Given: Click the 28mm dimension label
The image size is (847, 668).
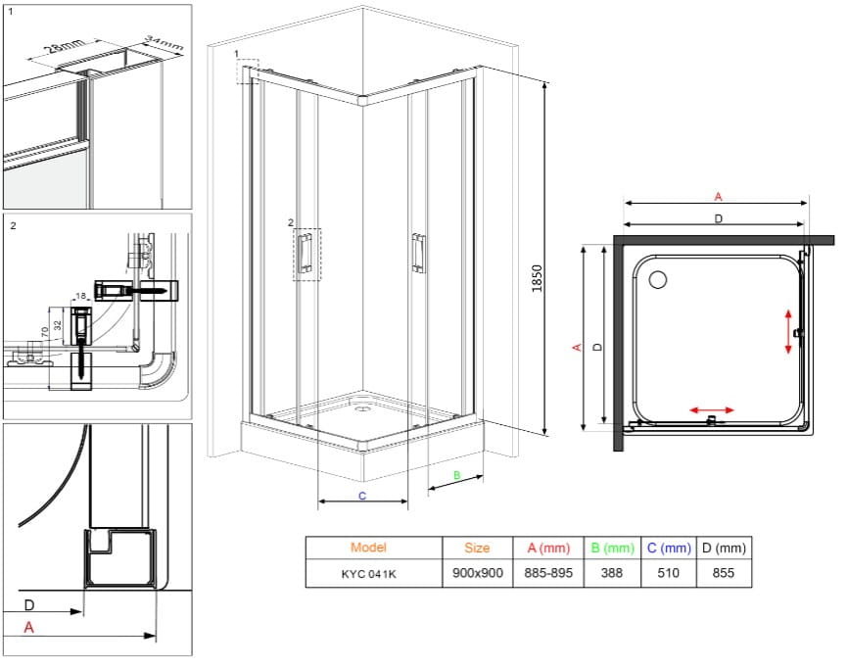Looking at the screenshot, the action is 64,46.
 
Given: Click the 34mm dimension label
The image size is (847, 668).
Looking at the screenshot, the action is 165,43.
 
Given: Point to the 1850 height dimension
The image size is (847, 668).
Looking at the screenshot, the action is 537,278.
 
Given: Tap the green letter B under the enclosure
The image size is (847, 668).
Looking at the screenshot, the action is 457,475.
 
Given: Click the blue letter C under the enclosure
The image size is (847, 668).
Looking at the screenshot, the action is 362,496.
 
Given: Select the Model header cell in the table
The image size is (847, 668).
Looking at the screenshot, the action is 368,548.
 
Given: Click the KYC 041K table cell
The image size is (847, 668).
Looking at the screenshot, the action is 368,574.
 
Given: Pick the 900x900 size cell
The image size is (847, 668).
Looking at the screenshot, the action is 478,573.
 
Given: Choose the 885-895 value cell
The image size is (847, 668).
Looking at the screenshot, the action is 548,573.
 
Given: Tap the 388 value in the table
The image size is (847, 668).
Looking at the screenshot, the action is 612,573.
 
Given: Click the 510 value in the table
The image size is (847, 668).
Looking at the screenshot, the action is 668,573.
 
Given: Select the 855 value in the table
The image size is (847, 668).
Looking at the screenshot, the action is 724,573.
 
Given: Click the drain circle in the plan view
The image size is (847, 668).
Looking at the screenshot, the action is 658,280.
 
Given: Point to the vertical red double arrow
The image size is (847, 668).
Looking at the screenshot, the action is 788,331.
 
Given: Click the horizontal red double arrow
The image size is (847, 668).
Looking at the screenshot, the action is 712,410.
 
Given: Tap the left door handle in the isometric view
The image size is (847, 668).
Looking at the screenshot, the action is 306,252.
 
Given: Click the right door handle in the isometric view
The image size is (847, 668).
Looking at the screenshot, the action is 419,253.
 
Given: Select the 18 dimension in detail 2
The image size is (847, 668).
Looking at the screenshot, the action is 81,296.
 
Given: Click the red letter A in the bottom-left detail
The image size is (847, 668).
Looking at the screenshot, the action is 29,628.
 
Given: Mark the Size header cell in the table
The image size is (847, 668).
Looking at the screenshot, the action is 477,548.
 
